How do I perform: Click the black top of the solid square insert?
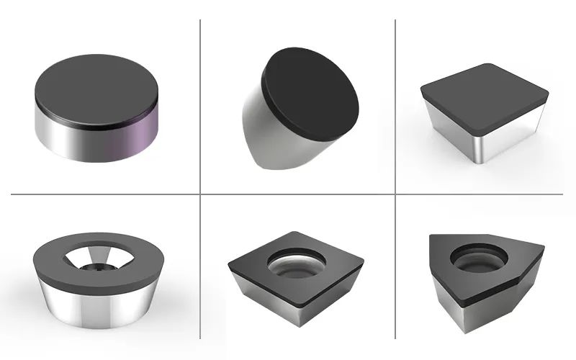(x=483, y=92)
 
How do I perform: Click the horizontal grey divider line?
(x=288, y=194)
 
